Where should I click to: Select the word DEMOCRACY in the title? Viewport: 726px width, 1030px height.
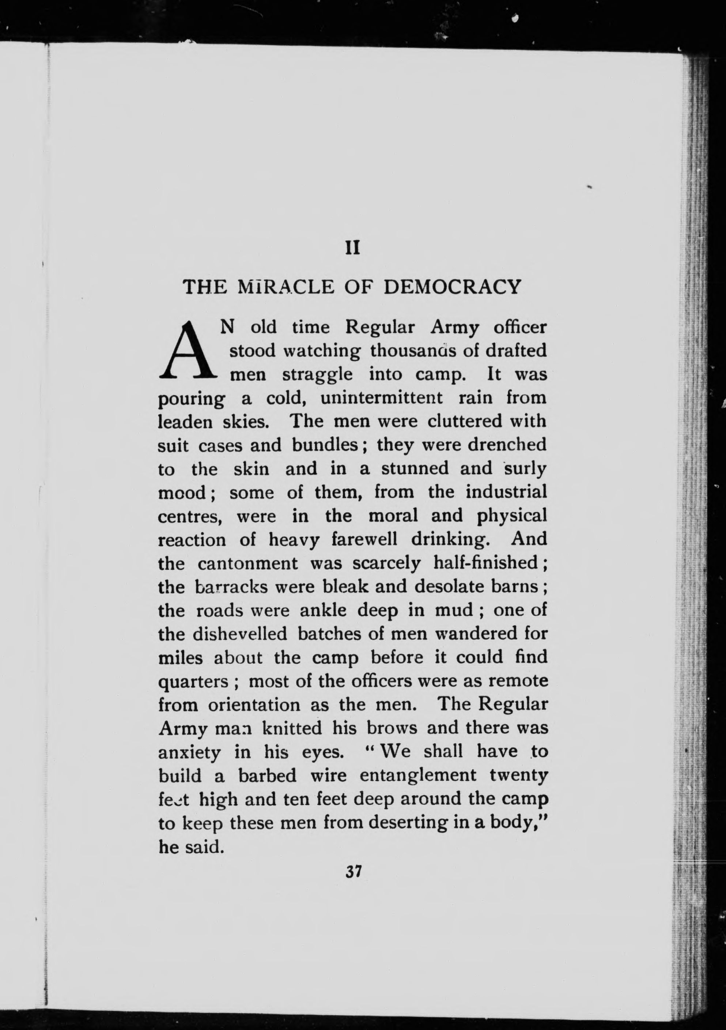453,287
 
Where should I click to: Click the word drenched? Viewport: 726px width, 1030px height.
507,445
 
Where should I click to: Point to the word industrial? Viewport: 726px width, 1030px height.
506,493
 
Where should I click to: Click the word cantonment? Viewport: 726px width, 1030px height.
248,563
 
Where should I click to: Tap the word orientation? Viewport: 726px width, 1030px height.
254,705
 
